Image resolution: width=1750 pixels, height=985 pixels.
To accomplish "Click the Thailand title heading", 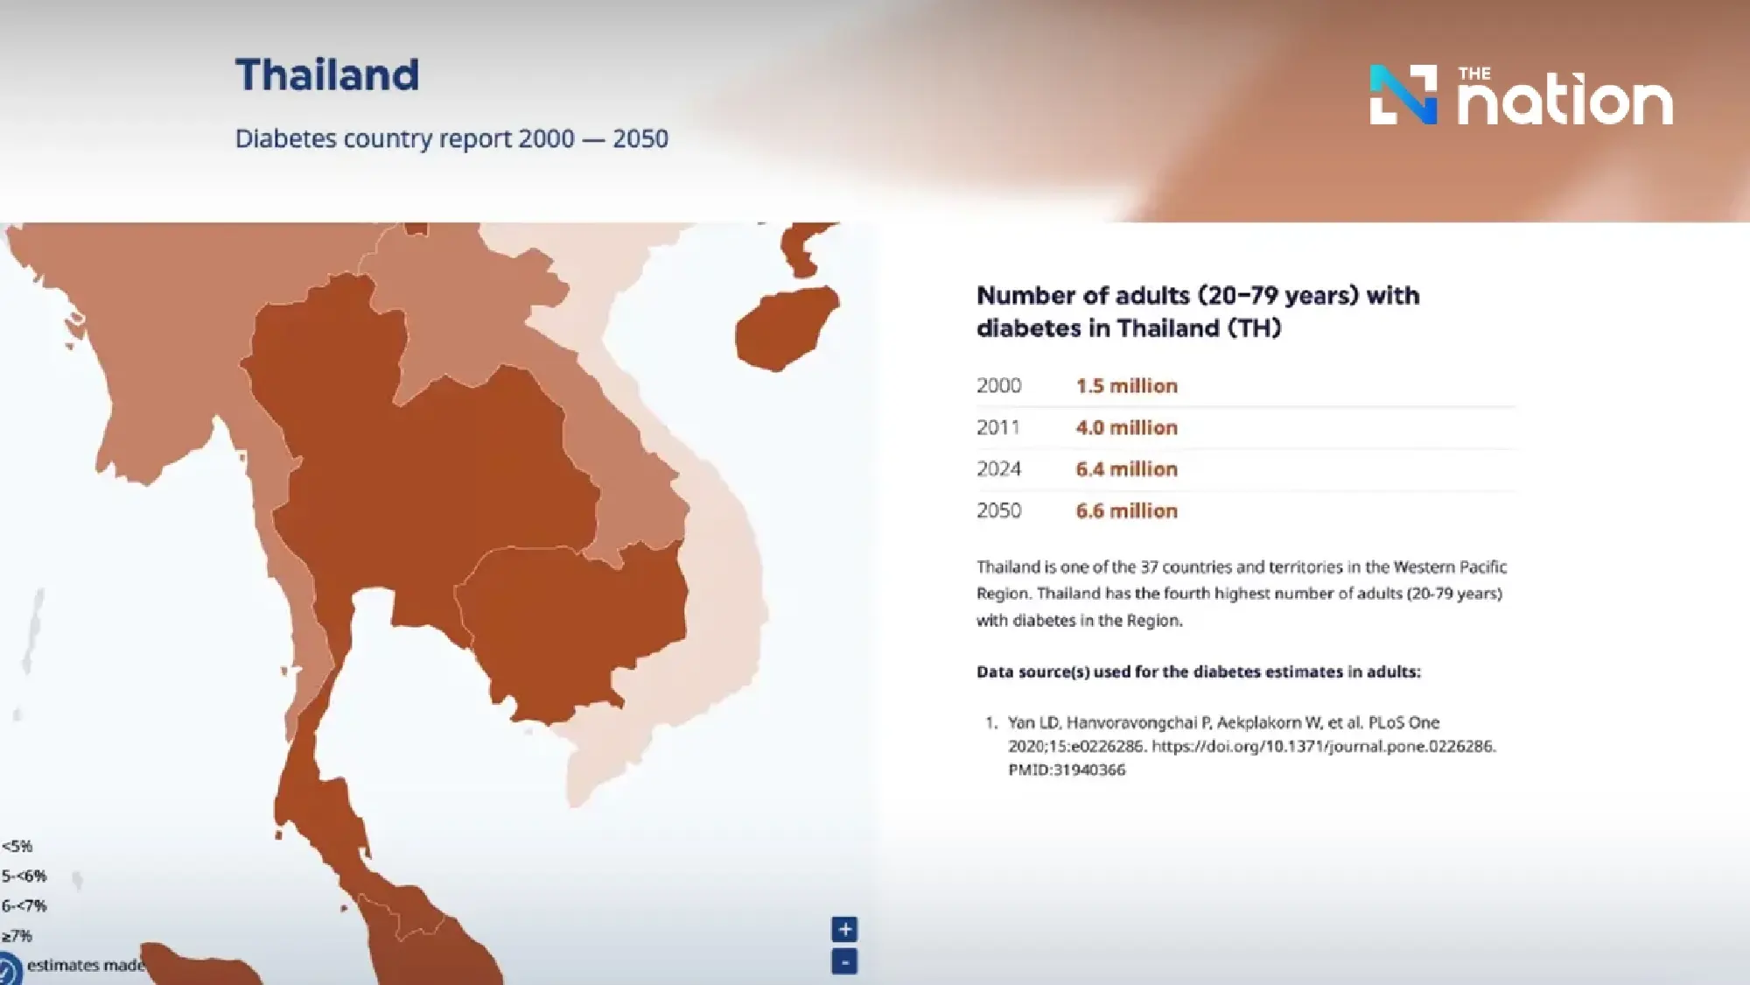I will tap(327, 75).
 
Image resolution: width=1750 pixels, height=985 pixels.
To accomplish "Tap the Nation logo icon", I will tap(1403, 95).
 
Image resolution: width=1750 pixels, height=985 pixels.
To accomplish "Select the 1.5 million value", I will tap(1126, 386).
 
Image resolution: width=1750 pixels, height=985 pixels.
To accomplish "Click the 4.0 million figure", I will tap(1126, 428).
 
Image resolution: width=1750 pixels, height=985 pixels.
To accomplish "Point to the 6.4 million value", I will tap(1126, 469).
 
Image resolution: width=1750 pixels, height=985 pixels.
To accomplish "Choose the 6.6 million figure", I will tap(1126, 511).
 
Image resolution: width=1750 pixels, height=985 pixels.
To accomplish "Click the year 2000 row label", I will tap(998, 386).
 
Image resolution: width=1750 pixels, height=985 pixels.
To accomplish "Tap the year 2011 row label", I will tap(998, 428).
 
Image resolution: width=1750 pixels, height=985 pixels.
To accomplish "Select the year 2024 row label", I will tap(998, 469).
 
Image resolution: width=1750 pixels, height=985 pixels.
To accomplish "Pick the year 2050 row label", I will tap(998, 511).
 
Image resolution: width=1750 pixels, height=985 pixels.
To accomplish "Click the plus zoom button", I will tap(844, 930).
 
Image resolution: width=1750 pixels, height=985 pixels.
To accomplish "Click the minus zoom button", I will tap(844, 962).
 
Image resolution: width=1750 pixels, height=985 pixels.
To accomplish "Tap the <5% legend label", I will tap(17, 847).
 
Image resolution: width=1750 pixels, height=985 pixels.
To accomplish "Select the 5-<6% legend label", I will tap(24, 876).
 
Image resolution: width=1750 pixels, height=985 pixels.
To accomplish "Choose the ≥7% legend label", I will tap(17, 936).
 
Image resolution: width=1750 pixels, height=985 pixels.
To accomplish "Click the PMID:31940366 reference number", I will tap(1067, 770).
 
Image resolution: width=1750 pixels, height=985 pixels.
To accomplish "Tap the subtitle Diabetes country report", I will tap(451, 139).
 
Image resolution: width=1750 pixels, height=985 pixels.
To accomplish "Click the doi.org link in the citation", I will tap(1323, 747).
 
